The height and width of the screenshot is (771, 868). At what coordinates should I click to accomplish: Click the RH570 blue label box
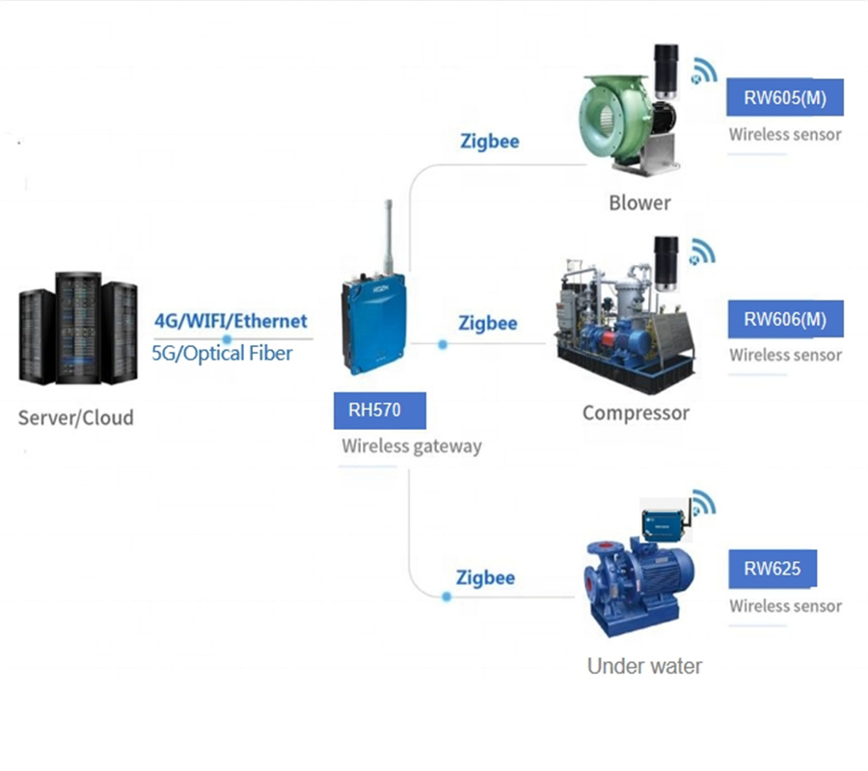379,411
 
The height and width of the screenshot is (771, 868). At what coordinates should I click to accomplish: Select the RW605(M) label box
785,97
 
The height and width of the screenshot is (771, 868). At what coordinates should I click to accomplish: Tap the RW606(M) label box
785,319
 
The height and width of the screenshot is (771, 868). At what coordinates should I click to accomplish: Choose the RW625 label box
772,569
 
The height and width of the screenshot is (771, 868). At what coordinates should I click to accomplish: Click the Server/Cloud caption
76,417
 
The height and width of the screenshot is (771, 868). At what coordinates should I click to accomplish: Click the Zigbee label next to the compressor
488,323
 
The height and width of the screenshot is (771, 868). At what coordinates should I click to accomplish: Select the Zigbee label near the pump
485,577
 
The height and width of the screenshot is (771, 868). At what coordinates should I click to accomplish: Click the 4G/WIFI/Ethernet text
231,321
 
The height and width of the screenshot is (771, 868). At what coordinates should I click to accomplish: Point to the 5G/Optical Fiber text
222,353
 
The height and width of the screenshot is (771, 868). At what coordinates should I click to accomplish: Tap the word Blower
639,202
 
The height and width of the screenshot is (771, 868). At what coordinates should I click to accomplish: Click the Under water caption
644,665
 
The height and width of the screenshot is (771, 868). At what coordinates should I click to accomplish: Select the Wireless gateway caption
411,446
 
